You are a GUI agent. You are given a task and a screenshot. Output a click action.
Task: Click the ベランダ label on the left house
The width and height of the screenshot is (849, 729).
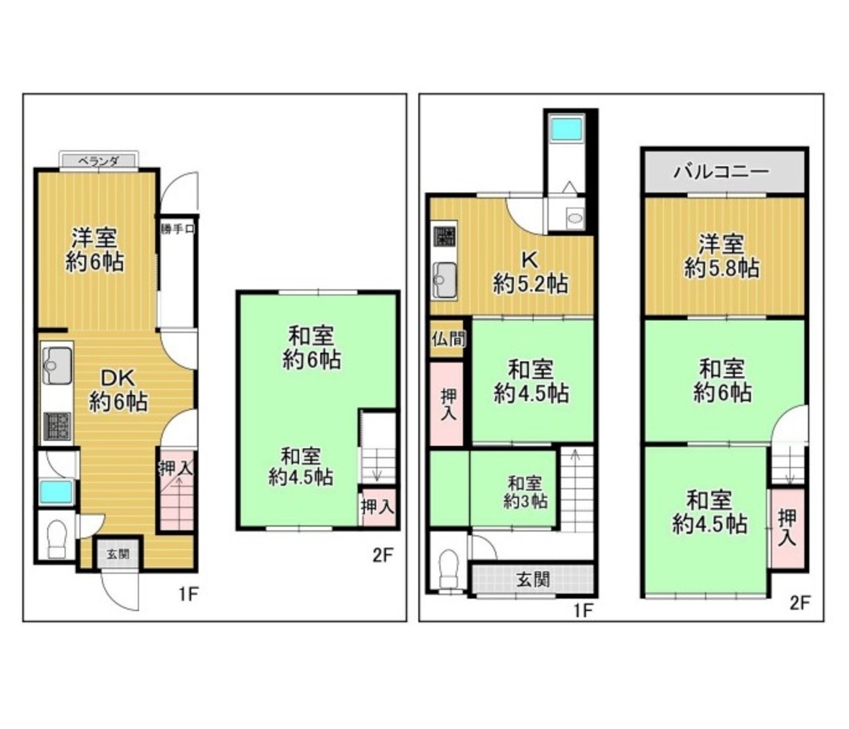(x=98, y=161)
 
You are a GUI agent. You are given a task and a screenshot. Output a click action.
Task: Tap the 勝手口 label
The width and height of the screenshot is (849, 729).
(x=177, y=229)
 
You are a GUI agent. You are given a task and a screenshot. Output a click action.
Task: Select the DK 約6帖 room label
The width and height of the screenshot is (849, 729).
(x=119, y=389)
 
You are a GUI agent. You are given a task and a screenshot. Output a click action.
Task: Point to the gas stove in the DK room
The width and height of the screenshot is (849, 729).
(x=57, y=425)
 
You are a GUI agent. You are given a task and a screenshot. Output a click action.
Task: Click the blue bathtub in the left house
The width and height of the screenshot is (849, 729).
(x=57, y=492)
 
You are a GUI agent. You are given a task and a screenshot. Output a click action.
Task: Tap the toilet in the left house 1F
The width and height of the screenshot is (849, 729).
(x=57, y=539)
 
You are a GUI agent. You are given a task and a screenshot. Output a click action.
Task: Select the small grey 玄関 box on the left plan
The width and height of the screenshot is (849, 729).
(x=118, y=554)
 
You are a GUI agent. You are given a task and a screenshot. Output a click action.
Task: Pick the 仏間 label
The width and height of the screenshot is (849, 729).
(x=449, y=340)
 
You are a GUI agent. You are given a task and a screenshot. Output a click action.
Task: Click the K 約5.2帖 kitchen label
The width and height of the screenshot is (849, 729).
(x=531, y=272)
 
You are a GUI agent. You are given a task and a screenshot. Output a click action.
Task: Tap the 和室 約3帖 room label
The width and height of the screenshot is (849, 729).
(x=525, y=493)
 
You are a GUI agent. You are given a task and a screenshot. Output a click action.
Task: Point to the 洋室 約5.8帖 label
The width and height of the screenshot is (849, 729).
(x=721, y=257)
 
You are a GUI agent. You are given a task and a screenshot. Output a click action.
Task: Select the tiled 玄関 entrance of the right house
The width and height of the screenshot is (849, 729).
(x=532, y=579)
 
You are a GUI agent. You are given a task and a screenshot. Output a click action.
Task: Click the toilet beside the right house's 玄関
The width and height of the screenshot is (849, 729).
(x=448, y=568)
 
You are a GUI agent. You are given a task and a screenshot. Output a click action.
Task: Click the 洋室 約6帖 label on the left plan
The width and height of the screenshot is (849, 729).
(x=95, y=249)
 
